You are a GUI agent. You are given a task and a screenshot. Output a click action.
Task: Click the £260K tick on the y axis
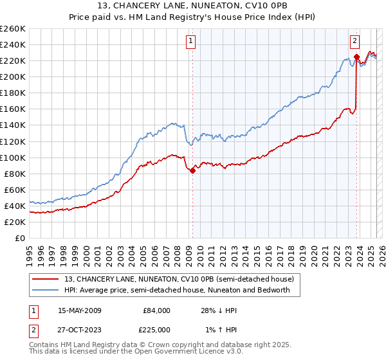(x=13, y=29)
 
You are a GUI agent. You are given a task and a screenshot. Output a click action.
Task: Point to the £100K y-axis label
(x=13, y=157)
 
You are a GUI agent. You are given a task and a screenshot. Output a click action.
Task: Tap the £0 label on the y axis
(x=20, y=238)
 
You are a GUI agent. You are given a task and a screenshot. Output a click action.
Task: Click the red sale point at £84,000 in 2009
(x=192, y=170)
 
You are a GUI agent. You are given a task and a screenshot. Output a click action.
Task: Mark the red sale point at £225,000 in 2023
(x=356, y=57)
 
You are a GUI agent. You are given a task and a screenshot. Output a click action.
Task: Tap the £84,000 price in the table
(x=156, y=310)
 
